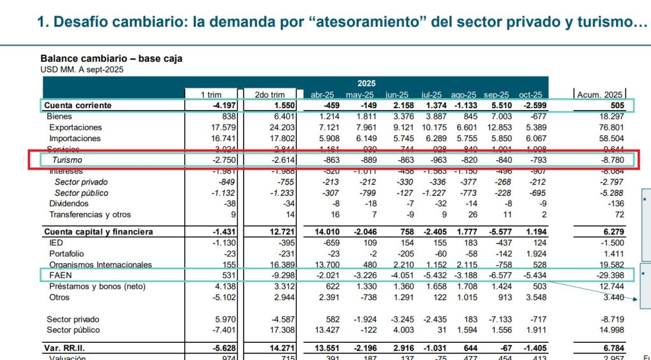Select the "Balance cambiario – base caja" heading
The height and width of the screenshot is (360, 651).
click(x=111, y=59)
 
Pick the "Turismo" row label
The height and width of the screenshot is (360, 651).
click(x=68, y=160)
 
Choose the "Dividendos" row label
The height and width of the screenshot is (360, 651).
click(x=69, y=204)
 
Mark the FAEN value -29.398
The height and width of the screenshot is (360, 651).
click(x=609, y=275)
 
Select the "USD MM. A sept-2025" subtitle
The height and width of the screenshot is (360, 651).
click(x=82, y=69)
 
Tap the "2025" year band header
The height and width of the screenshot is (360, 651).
click(x=366, y=83)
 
